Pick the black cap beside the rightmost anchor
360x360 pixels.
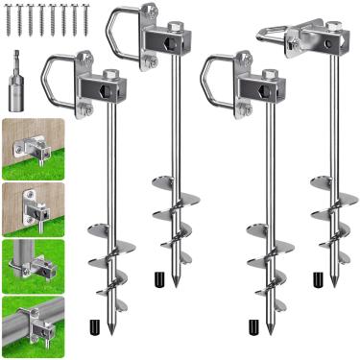coord(316,279)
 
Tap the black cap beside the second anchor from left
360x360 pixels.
coord(156,279)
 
